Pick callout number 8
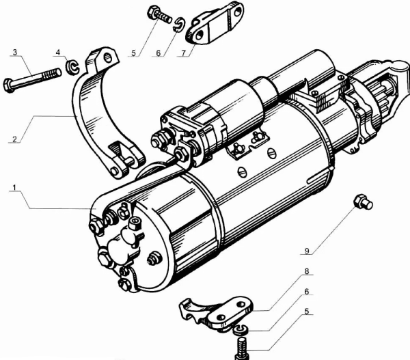click(308, 271)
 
